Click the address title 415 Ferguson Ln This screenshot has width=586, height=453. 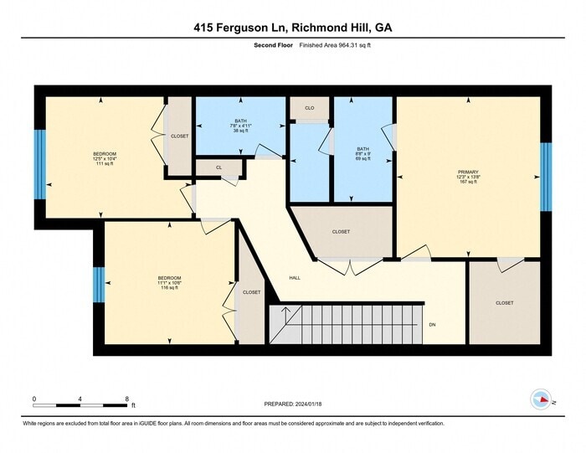(x=292, y=28)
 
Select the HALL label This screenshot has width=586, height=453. (x=295, y=278)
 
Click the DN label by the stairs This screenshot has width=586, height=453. (x=432, y=324)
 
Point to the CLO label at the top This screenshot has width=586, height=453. (x=309, y=108)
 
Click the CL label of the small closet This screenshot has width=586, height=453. (x=218, y=167)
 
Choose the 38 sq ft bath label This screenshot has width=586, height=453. (x=240, y=126)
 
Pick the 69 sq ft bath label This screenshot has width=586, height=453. (x=362, y=153)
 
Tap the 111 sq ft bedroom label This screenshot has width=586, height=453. (x=105, y=158)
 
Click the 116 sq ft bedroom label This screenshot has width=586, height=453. (x=169, y=282)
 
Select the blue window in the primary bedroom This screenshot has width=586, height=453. (x=546, y=176)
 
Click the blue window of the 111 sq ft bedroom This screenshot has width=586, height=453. (x=39, y=163)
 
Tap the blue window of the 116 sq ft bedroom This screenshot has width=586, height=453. (x=98, y=285)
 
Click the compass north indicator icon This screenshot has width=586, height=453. (x=542, y=399)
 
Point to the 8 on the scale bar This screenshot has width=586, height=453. (x=126, y=399)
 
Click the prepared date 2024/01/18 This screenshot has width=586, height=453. (x=293, y=404)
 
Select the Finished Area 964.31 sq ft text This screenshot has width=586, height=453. (x=335, y=45)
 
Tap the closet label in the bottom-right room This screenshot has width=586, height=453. (x=504, y=302)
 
